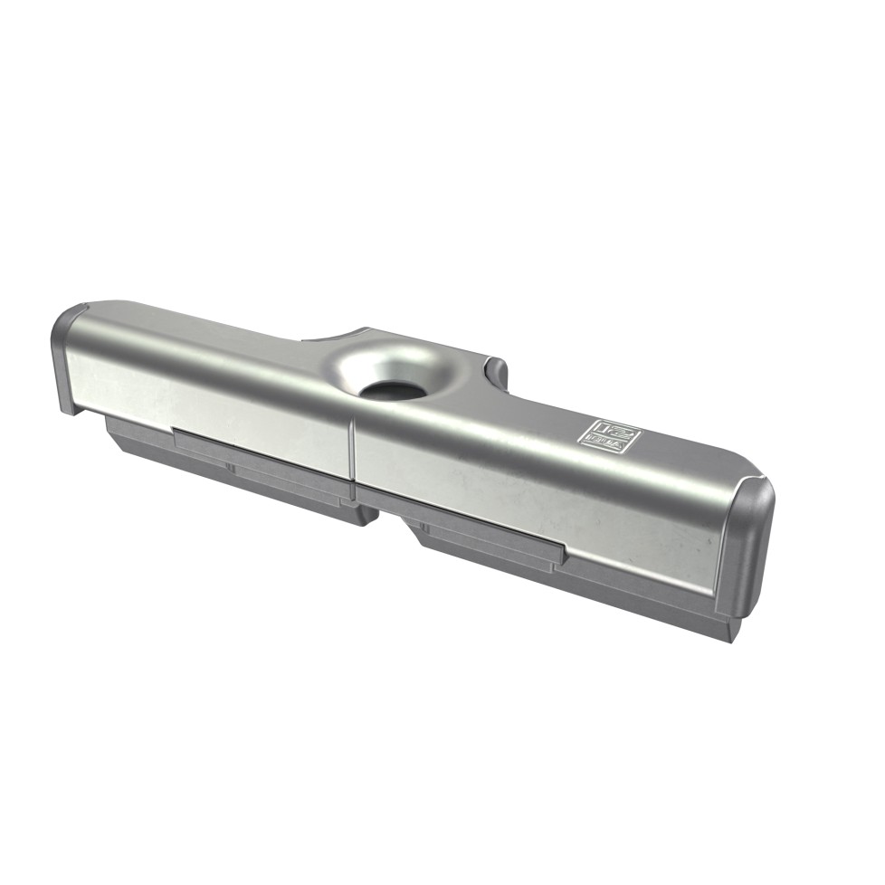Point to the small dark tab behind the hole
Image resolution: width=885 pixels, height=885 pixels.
coord(495,371)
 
